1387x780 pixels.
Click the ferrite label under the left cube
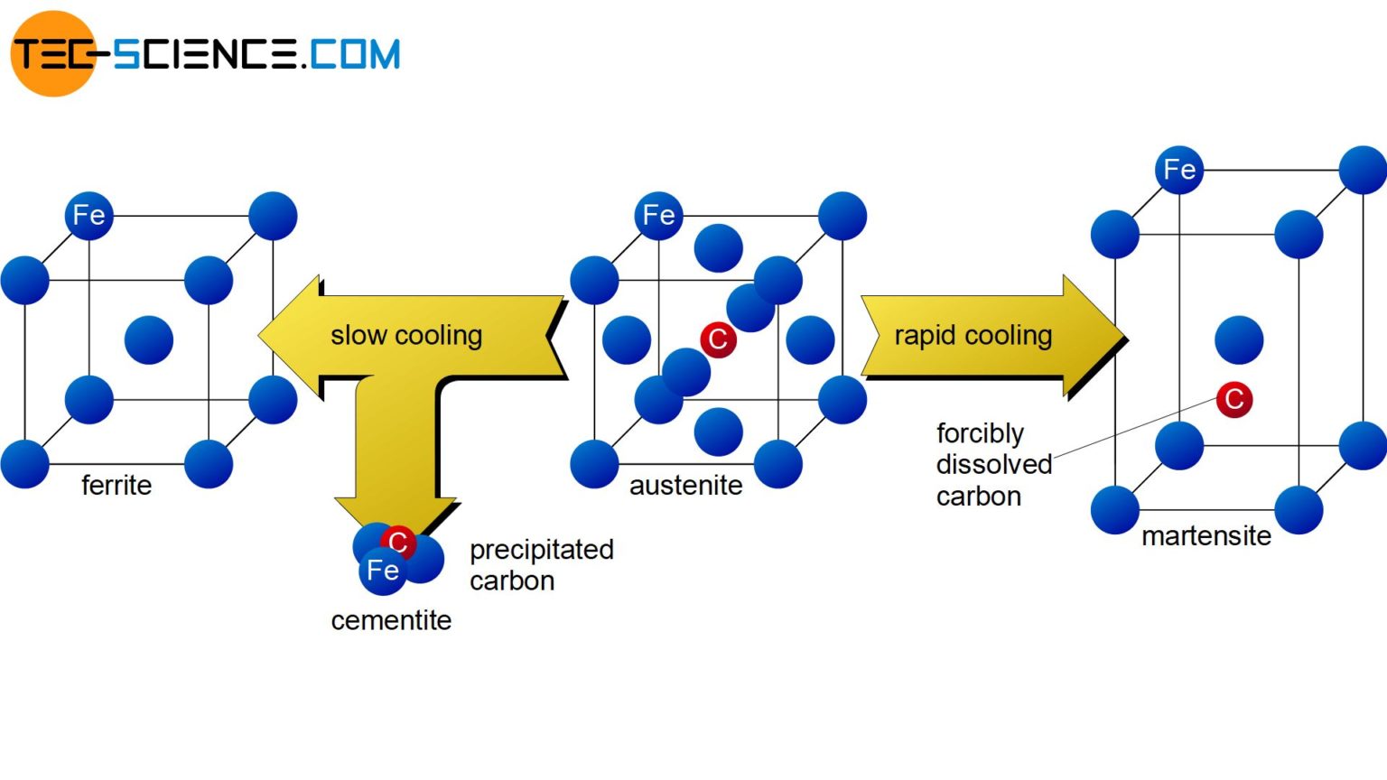coord(116,485)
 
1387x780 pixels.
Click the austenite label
coord(685,485)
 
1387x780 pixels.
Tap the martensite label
coord(1205,535)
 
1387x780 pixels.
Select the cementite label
coord(391,620)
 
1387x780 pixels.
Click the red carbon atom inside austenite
coord(718,339)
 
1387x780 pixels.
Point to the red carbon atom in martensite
coord(1233,399)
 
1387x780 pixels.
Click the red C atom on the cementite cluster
coord(398,542)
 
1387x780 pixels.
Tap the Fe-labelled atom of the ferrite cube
coord(88,216)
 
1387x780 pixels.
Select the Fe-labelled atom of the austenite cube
coord(658,216)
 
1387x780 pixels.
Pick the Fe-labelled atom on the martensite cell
coord(1178,170)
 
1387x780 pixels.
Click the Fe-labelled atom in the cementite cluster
coord(383,571)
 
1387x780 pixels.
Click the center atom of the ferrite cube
coord(148,339)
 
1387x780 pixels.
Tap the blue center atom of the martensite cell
coord(1238,339)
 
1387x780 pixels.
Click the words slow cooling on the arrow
coord(406,335)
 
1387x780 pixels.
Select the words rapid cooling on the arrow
coord(973,335)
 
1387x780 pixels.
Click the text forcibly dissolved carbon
coord(992,464)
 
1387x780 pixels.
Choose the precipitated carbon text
coord(541,564)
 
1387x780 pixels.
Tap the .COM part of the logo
coord(351,54)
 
